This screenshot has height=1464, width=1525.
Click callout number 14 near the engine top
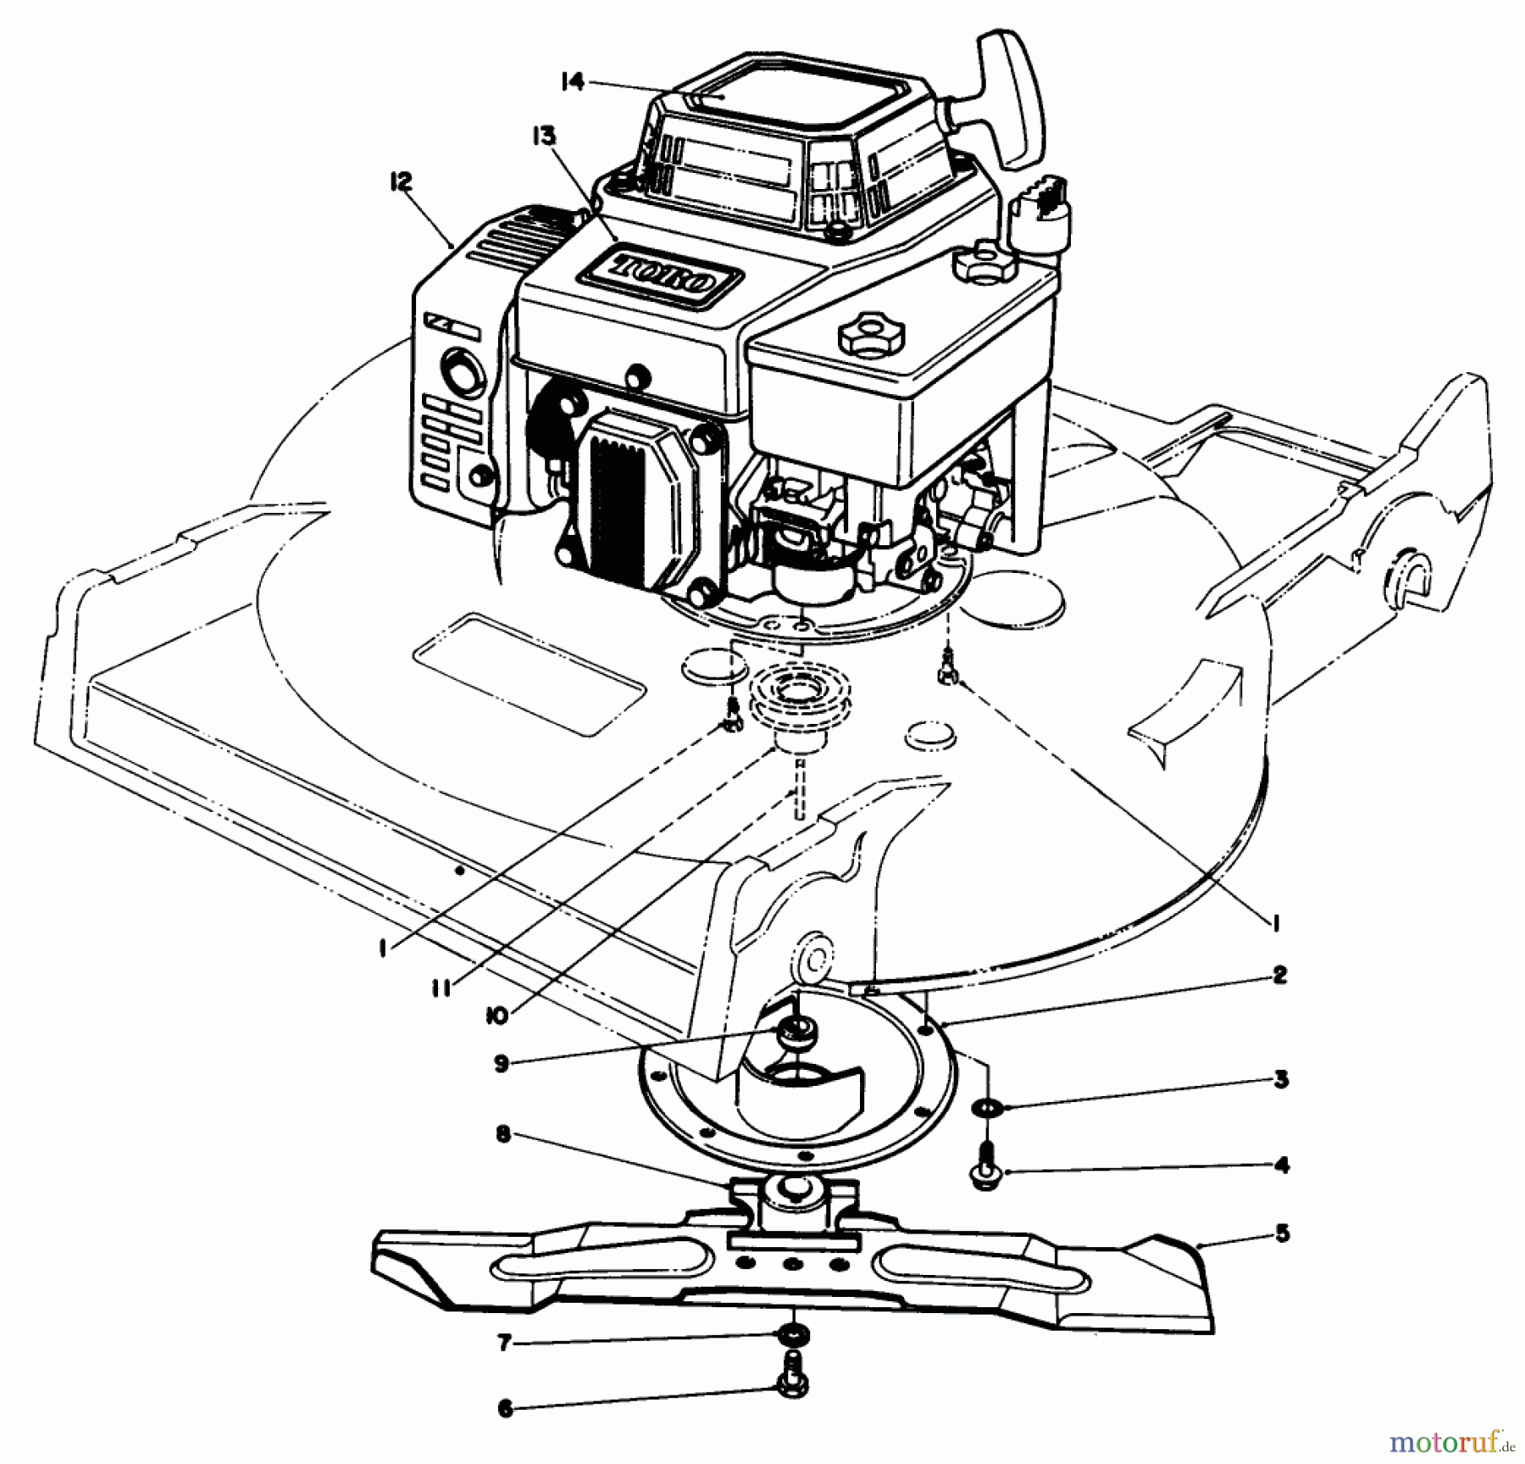click(x=573, y=82)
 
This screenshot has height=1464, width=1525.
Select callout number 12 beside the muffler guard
click(x=401, y=181)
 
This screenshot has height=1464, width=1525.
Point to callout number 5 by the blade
click(x=1282, y=1233)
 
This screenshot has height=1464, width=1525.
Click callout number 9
click(x=502, y=1064)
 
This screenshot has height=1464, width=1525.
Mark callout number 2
click(x=1279, y=975)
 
